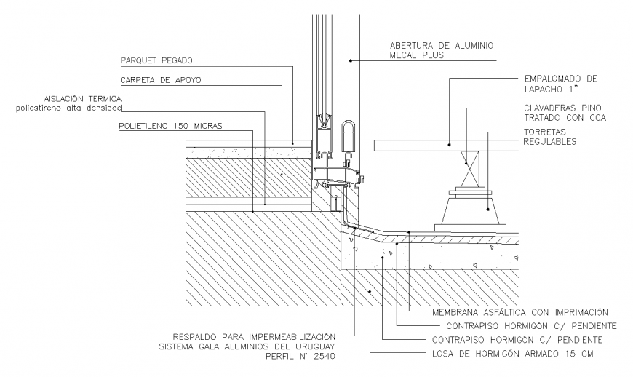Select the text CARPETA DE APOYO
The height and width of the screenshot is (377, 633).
(154, 80)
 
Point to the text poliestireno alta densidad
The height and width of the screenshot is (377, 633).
(68, 108)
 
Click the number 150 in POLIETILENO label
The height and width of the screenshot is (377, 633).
(180, 126)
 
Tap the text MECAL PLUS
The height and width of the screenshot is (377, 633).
(421, 55)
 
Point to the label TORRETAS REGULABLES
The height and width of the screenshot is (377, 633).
(550, 137)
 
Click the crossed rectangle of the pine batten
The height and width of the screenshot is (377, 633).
(468, 167)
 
